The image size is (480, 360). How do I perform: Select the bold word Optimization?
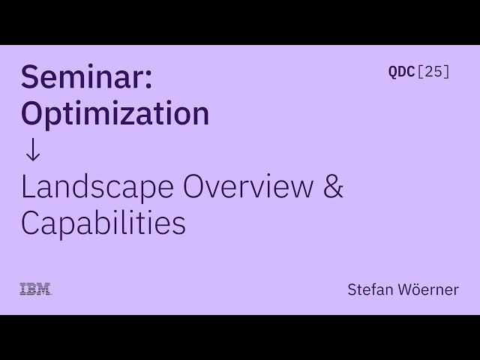coord(115,112)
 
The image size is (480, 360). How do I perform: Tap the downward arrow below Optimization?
coord(32,149)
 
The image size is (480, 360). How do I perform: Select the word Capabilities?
coord(103,223)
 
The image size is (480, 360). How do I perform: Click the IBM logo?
coord(35,289)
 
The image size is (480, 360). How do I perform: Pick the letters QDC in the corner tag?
coord(401,72)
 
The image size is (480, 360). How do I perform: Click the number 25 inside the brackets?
coord(433,72)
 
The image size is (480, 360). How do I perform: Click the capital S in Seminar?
coord(31,76)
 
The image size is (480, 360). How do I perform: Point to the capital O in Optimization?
coord(34,112)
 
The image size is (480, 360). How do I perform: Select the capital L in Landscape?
coord(28,187)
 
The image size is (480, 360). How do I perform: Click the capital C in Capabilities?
coord(33,223)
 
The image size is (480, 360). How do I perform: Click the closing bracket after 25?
coord(447,72)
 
